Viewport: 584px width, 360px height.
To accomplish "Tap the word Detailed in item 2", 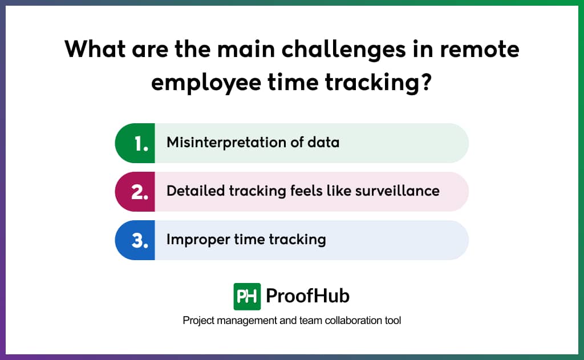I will (x=196, y=191).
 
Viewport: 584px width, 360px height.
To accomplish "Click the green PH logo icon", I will (x=247, y=296).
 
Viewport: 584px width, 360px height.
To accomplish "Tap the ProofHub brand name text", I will (x=307, y=296).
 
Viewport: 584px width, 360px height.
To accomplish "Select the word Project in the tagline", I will (x=198, y=321).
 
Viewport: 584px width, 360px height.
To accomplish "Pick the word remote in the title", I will (x=483, y=50).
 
